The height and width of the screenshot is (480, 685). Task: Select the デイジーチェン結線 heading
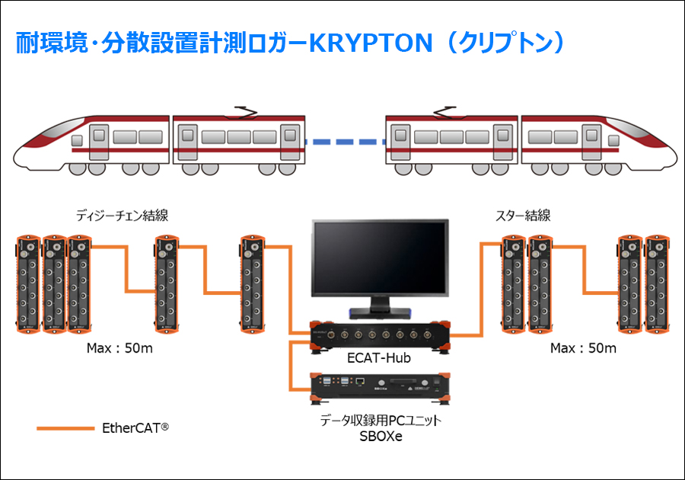(122, 216)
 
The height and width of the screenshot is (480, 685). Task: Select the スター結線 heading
(522, 216)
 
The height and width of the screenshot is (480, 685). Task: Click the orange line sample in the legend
(64, 428)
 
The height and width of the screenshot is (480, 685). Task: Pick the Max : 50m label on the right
(583, 348)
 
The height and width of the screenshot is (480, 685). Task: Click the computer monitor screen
(380, 258)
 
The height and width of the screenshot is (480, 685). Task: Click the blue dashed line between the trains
(345, 141)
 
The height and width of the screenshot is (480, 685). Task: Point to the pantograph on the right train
(441, 113)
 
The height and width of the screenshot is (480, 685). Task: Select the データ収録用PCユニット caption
(381, 421)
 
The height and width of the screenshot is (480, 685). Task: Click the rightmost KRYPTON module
(657, 283)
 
